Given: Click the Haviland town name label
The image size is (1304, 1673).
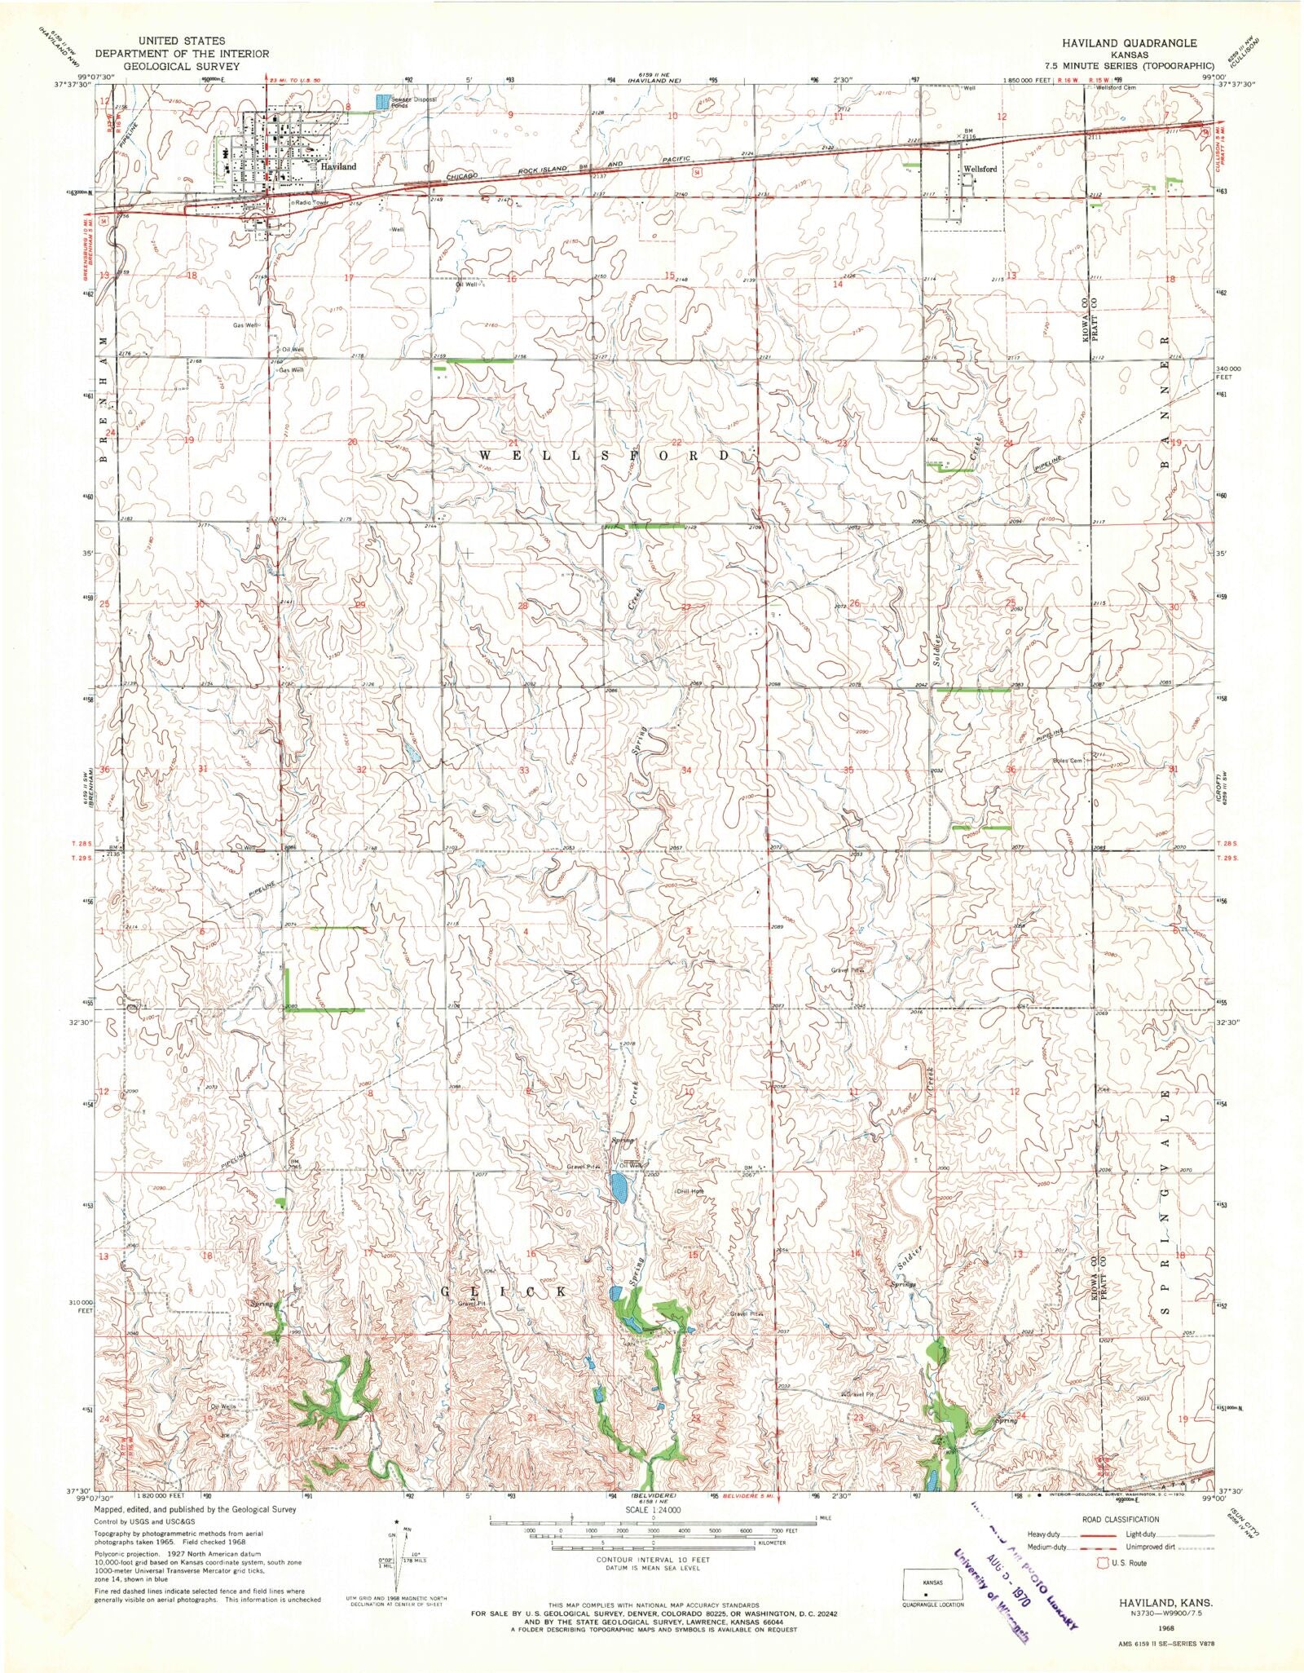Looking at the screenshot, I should (x=338, y=166).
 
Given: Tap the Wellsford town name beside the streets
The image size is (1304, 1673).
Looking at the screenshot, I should (x=980, y=169).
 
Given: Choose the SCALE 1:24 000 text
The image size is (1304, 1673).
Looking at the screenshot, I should (x=652, y=1509).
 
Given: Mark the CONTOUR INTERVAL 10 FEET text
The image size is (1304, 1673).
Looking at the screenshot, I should (x=652, y=1559).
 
